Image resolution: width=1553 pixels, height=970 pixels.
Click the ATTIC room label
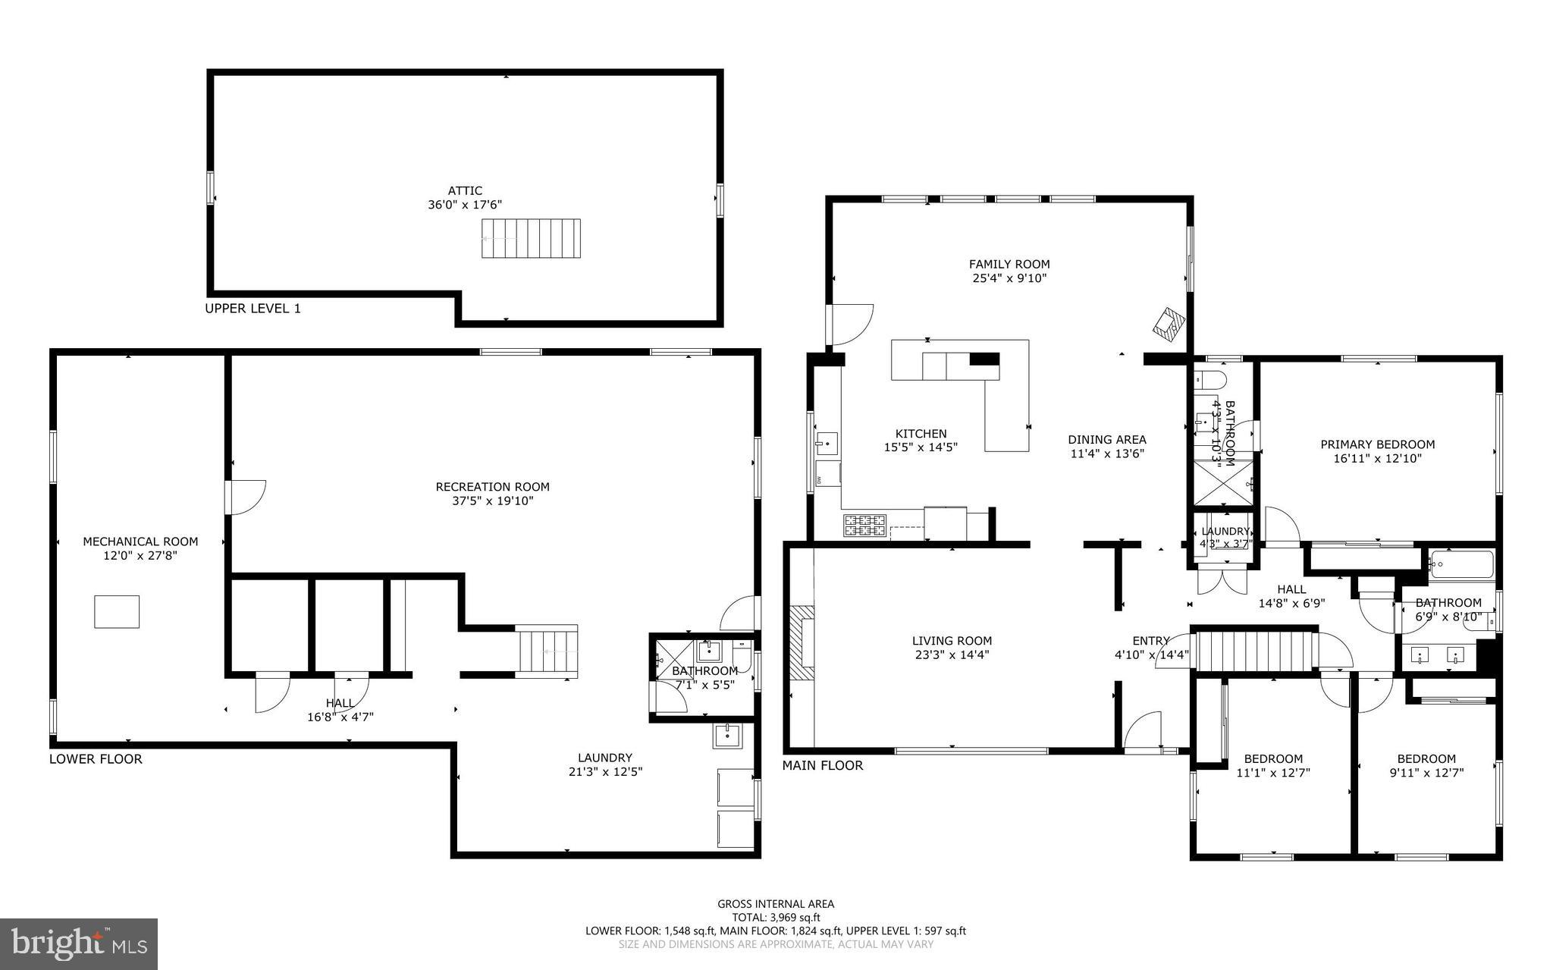[464, 191]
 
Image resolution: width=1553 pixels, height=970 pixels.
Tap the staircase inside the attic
[531, 238]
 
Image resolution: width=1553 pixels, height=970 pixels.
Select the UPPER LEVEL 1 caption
[253, 309]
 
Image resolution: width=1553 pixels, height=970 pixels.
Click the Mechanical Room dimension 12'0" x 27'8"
[140, 555]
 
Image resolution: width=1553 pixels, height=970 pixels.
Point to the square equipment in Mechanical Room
[117, 611]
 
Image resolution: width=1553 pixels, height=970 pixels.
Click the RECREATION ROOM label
[492, 487]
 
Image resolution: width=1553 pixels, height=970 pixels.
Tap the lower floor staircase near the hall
[547, 649]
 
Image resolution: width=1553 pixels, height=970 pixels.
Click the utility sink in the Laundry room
[727, 736]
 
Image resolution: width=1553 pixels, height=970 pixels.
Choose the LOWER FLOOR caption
[96, 759]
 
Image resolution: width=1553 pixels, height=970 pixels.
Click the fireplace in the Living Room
[801, 647]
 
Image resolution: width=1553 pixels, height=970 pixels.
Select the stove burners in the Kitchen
[864, 525]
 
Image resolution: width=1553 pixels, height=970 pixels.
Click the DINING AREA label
[1106, 440]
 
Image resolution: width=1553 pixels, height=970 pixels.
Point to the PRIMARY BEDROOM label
[1377, 445]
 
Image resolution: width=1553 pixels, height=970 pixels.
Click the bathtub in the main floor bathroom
[1461, 564]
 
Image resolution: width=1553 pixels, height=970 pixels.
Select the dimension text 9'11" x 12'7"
[1426, 773]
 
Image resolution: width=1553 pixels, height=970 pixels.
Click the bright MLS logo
[79, 943]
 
